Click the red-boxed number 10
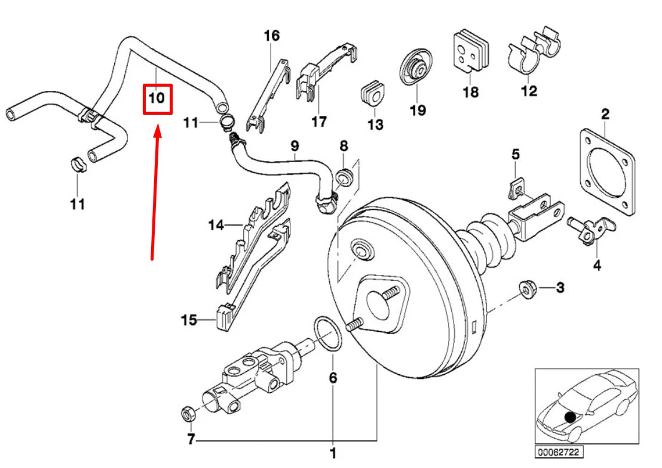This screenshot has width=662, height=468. coord(157,99)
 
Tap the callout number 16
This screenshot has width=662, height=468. coord(272,36)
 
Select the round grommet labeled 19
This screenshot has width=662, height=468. coord(416,69)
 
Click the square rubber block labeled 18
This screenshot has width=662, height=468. coord(470,51)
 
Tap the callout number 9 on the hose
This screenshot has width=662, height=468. coord(294,145)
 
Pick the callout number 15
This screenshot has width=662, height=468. coord(189,321)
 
